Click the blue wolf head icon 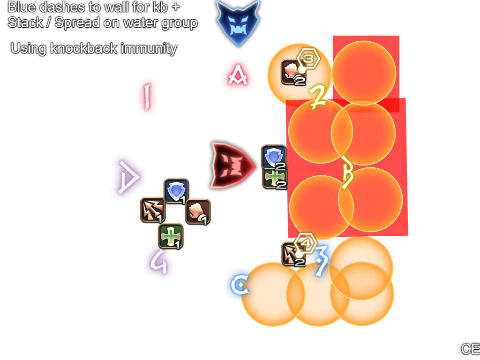click(x=238, y=22)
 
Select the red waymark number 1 click(x=147, y=96)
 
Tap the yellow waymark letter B click(x=347, y=173)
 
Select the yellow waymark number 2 click(x=319, y=96)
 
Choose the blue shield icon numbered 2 click(x=274, y=157)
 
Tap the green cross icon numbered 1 click(x=170, y=236)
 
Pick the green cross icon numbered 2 click(x=274, y=178)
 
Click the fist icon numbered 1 click(x=197, y=211)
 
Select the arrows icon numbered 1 click(x=153, y=210)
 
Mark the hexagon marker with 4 click(x=306, y=243)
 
